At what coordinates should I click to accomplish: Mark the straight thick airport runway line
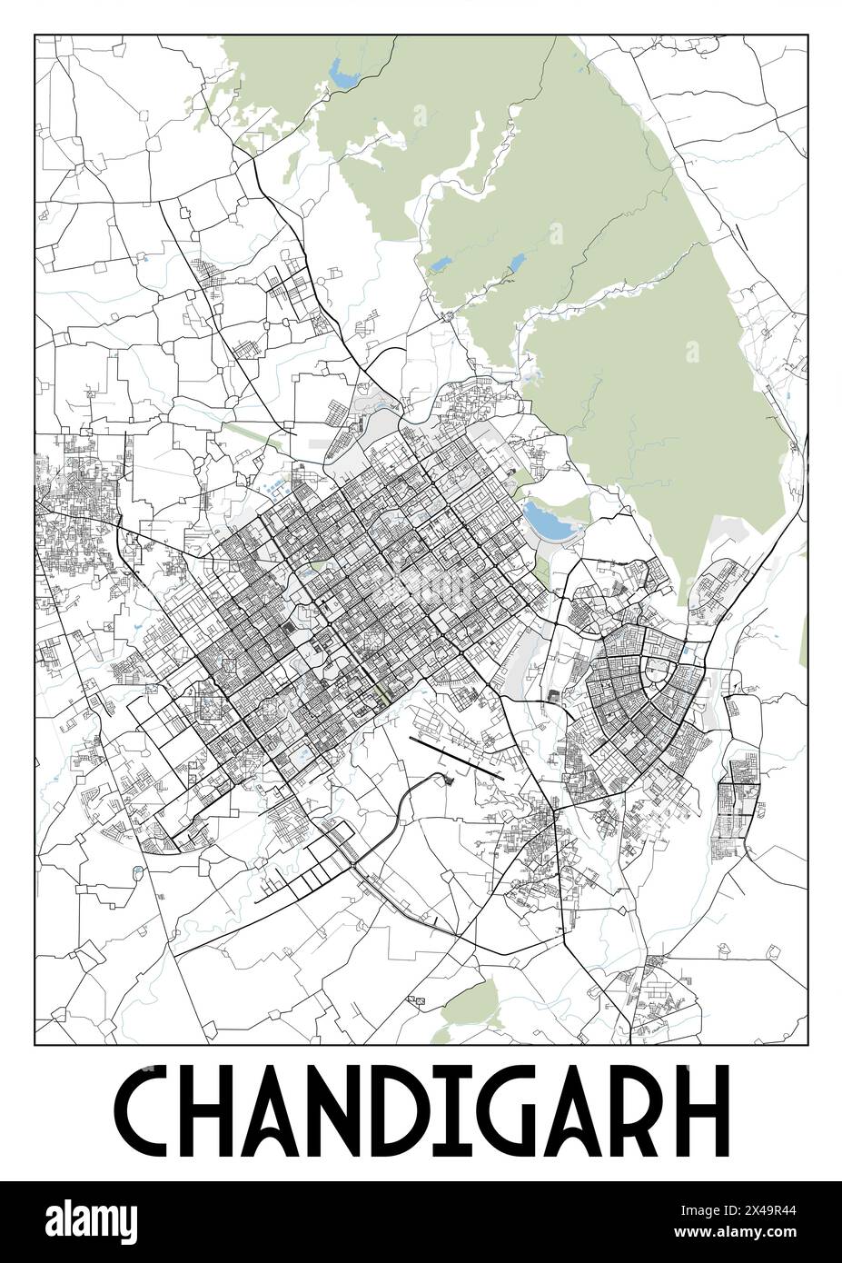coord(457,758)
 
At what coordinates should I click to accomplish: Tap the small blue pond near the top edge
coord(344,74)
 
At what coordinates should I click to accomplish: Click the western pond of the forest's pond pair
coord(441,264)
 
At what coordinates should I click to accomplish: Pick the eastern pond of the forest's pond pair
coord(515,261)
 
